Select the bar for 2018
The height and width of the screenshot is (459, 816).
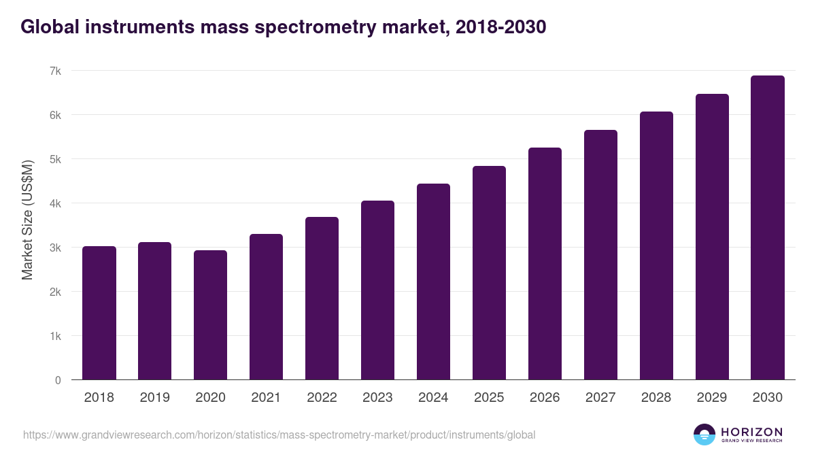click(99, 313)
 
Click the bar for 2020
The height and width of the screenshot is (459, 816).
click(210, 315)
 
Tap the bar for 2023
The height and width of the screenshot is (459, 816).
click(377, 290)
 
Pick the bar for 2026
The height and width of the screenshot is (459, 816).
click(545, 264)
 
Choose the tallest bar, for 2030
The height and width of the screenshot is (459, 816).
click(768, 228)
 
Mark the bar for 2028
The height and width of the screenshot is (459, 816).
click(656, 245)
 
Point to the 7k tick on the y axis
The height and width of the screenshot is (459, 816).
click(55, 71)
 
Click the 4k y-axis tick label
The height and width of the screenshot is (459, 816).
click(55, 203)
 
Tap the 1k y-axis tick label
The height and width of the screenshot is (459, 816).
click(55, 336)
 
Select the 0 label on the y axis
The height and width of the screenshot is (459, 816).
click(58, 380)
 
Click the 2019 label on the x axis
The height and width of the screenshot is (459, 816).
click(154, 398)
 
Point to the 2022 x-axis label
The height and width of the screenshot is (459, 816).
click(322, 398)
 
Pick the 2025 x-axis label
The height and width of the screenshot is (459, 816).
click(489, 398)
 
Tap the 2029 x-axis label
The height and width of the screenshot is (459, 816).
click(712, 398)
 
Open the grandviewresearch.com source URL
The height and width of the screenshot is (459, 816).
click(279, 435)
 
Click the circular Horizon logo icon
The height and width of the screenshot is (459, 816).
click(704, 435)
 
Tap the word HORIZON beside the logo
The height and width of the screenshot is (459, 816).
click(751, 432)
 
